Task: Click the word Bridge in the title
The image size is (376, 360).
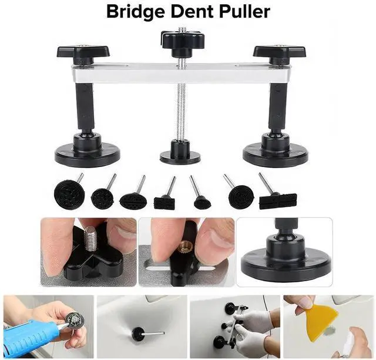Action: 137,11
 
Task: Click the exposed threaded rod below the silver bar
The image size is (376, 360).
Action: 180,112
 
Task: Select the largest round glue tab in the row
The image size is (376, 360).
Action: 69,192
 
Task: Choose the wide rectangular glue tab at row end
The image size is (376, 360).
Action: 277,201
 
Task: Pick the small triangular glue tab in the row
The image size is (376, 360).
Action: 203,201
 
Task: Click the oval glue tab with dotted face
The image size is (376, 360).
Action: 132,200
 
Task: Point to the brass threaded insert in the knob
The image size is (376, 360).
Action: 184,248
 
